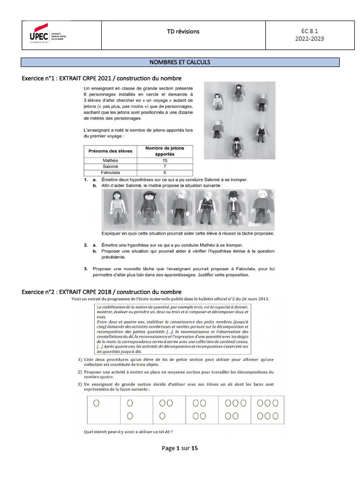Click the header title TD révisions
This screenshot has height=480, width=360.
pos(183,31)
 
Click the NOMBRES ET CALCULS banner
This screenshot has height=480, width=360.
pos(180,62)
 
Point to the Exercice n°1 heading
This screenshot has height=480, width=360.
pos(102,78)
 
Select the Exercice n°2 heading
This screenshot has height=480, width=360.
pos(102,292)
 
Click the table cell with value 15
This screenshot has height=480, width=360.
pos(165,160)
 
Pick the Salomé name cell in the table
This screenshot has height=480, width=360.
pos(110,166)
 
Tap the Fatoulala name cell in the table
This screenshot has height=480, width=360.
pos(110,172)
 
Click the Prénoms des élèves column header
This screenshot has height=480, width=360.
pos(110,151)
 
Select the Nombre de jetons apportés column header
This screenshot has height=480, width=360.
pos(165,151)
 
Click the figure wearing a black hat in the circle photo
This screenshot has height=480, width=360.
pos(237,146)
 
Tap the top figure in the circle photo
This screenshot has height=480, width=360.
pos(239,92)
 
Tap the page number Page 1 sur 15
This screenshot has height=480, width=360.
pos(180,448)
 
